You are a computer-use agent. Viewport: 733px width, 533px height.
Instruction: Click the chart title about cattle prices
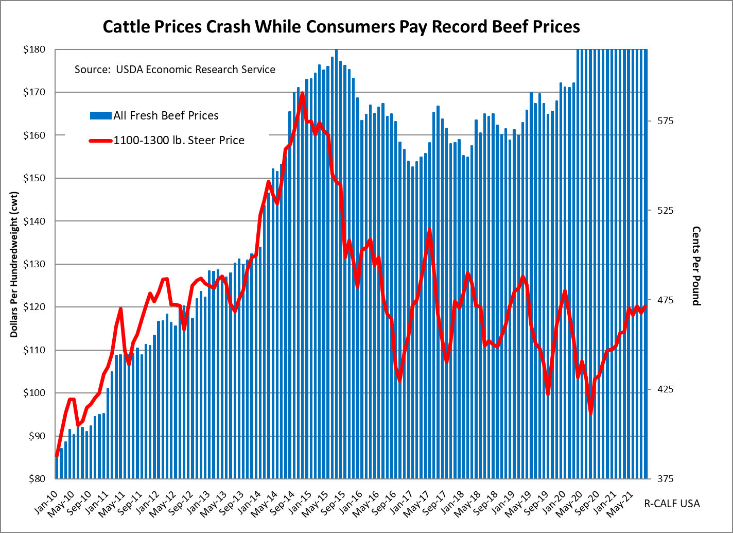(341, 27)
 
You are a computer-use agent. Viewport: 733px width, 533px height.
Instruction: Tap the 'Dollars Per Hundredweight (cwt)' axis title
(14, 263)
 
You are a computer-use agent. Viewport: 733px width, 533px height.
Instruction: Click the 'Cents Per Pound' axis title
(696, 266)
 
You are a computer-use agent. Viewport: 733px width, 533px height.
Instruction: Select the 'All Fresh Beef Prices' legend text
(166, 116)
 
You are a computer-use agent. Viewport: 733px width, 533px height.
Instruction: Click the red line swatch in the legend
(100, 140)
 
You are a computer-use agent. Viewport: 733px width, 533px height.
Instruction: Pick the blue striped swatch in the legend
(100, 116)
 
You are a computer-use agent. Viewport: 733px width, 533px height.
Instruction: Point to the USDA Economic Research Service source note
(175, 70)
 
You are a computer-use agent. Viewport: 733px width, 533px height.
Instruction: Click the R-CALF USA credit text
(672, 504)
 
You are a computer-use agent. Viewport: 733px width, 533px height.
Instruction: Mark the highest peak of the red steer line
(302, 94)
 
